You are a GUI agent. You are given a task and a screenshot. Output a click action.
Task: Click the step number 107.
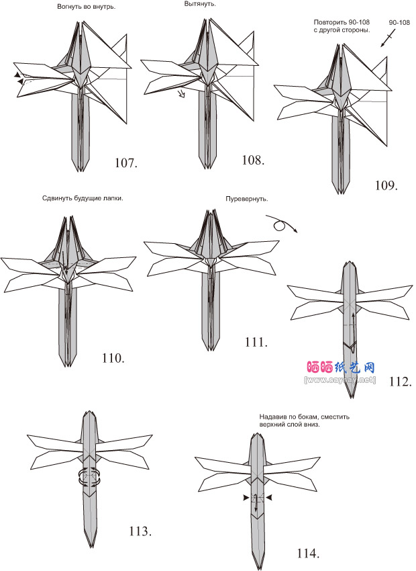(126, 163)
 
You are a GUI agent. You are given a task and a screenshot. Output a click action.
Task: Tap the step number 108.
(253, 160)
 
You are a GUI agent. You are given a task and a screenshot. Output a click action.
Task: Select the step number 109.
(386, 185)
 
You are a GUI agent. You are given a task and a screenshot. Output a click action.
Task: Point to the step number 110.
(113, 358)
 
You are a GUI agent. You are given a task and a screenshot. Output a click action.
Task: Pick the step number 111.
(256, 343)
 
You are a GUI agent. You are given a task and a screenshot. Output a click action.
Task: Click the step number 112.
(401, 382)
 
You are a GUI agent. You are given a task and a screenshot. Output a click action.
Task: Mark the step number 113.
(140, 531)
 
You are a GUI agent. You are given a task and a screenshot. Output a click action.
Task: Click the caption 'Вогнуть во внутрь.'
(86, 7)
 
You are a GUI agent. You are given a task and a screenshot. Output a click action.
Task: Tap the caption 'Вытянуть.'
(200, 4)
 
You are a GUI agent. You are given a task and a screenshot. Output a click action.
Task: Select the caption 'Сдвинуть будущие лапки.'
(83, 198)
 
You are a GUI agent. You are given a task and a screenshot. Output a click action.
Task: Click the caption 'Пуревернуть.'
(246, 200)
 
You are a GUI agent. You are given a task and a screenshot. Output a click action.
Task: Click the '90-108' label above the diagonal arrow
(399, 23)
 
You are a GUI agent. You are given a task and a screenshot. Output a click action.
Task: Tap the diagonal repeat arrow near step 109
(388, 38)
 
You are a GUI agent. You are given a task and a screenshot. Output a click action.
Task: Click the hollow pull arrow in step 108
(180, 94)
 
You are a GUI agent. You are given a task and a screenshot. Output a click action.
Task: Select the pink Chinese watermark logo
(340, 367)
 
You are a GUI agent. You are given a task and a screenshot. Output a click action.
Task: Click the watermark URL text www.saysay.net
(340, 380)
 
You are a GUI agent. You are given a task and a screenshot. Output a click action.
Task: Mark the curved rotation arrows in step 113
(89, 478)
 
